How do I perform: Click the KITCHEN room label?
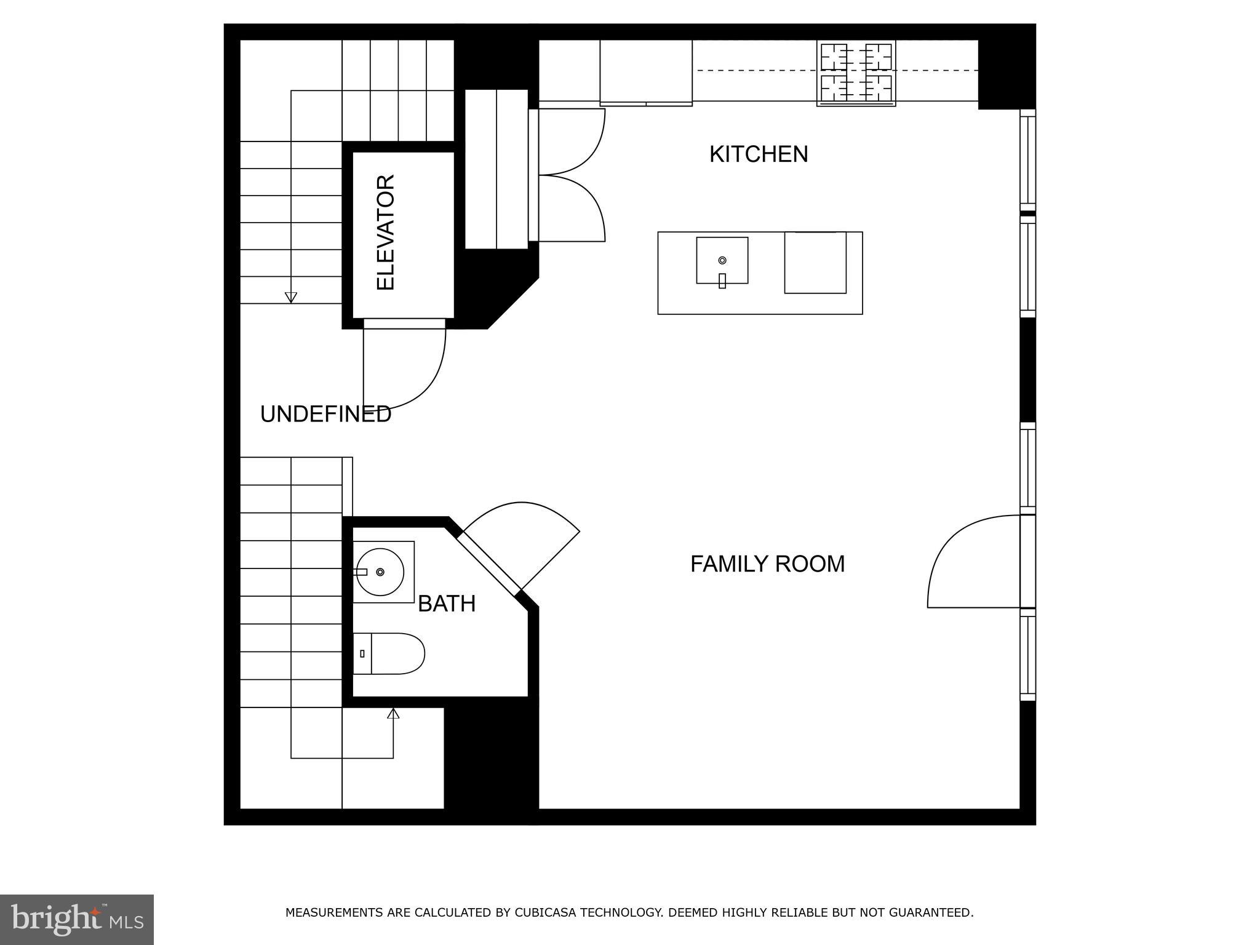[x=758, y=154]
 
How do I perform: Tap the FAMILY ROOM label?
[x=767, y=564]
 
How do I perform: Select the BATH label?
[x=447, y=604]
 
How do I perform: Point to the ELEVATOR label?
[x=386, y=232]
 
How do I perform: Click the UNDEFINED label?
[x=325, y=415]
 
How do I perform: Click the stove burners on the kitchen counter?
[x=856, y=72]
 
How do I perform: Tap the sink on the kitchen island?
[x=722, y=261]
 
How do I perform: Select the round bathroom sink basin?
[x=380, y=572]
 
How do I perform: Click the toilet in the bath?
[x=389, y=653]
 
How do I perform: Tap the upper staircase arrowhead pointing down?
[x=291, y=298]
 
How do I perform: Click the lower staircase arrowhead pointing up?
[x=393, y=714]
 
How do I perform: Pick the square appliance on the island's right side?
[x=815, y=263]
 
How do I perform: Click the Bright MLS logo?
[x=76, y=920]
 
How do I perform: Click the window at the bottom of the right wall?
[x=1027, y=657]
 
